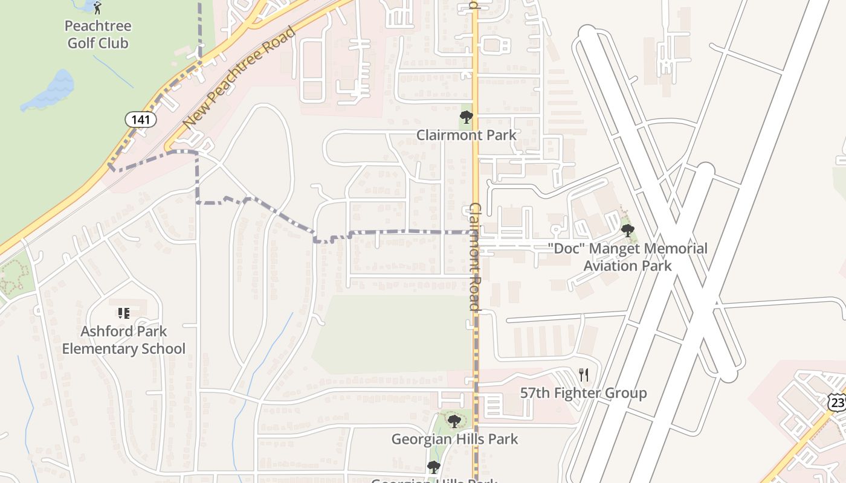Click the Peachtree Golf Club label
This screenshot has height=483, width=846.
click(97, 34)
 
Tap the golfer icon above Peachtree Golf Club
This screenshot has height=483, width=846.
click(98, 7)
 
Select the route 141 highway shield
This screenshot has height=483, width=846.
click(141, 120)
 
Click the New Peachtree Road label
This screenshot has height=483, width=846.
click(240, 77)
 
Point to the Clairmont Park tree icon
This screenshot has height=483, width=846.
click(466, 117)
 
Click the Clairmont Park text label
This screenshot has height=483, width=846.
click(466, 135)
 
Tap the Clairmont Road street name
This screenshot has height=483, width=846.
click(475, 257)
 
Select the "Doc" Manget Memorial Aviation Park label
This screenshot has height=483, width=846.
click(627, 257)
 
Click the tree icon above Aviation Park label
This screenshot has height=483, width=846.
click(627, 230)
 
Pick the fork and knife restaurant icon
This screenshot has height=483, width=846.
click(583, 375)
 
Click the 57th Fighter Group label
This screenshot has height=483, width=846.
click(583, 393)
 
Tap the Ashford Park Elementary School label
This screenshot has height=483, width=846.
click(123, 340)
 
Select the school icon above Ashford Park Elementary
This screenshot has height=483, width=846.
click(123, 313)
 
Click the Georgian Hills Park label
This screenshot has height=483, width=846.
click(454, 439)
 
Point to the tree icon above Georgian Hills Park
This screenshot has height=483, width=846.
click(454, 421)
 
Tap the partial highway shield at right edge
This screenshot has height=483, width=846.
click(838, 403)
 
